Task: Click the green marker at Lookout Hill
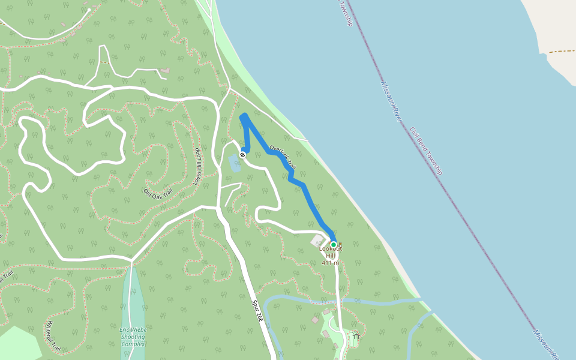click(x=334, y=245)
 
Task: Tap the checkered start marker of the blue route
click(x=242, y=155)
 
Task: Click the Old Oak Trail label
click(x=158, y=193)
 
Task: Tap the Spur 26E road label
click(x=257, y=311)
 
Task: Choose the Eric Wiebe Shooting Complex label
click(x=133, y=336)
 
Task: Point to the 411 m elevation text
click(x=331, y=263)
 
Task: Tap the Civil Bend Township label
click(x=426, y=151)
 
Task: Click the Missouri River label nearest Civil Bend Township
click(x=391, y=101)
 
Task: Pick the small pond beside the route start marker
click(x=235, y=163)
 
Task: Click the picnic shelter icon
click(x=356, y=337)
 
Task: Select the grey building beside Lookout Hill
click(x=317, y=241)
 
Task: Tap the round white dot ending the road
click(x=89, y=10)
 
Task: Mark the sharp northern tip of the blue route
click(x=243, y=116)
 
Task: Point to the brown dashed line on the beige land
click(x=561, y=52)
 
